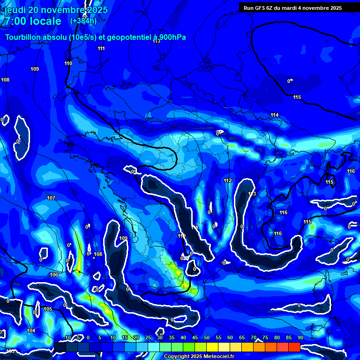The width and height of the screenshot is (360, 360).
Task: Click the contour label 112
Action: pos(228,180)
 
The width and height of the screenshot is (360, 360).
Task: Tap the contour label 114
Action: pos(275,115)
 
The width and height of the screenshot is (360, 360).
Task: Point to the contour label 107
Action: pos(51,198)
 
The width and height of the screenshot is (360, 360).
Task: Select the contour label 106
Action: pos(54,275)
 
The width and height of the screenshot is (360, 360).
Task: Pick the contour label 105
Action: pos(48,309)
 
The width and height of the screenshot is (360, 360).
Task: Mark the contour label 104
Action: pos(31,330)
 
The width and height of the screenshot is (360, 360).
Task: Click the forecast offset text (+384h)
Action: pos(83,21)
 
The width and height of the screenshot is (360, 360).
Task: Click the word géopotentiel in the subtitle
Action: pos(126,37)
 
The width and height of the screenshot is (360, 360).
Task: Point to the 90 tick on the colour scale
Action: pos(300,338)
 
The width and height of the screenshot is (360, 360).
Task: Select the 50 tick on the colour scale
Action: pos(206,338)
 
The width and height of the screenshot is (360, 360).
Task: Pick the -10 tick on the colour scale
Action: pos(67,338)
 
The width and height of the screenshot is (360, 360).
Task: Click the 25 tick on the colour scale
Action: pos(148,338)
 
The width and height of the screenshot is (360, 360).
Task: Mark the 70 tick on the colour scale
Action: pos(253,338)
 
